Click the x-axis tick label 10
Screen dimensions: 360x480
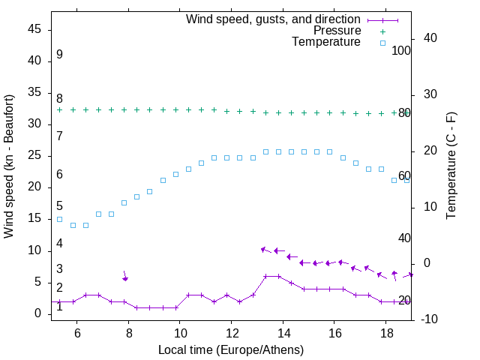(x=180, y=332)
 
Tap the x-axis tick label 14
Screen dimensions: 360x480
(x=283, y=332)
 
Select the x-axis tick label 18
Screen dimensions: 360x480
(x=385, y=332)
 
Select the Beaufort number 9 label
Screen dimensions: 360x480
(x=59, y=55)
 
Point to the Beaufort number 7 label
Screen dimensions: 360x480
(x=59, y=136)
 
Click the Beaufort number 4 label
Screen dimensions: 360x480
(x=59, y=244)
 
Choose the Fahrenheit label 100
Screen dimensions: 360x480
(x=401, y=51)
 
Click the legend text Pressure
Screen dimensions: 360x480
(x=337, y=31)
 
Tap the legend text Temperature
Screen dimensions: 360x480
(x=326, y=42)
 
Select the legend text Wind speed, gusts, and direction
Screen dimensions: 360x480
(x=274, y=19)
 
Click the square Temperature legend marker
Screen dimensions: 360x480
(x=382, y=43)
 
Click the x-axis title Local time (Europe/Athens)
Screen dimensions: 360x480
(x=231, y=349)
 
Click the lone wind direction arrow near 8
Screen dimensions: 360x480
(x=125, y=275)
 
